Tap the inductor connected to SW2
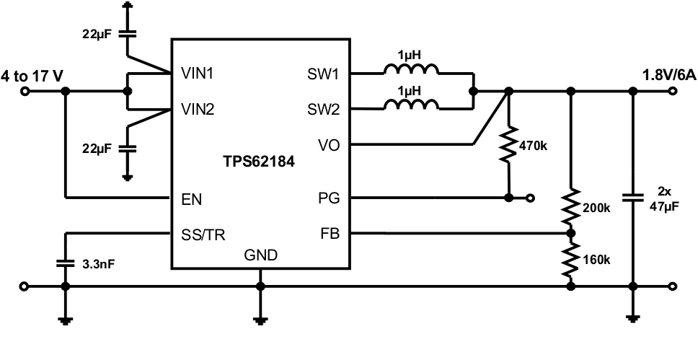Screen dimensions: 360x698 [x=410, y=106]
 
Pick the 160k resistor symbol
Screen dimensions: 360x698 [x=571, y=260]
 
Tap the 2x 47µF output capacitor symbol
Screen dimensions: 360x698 [x=633, y=196]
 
